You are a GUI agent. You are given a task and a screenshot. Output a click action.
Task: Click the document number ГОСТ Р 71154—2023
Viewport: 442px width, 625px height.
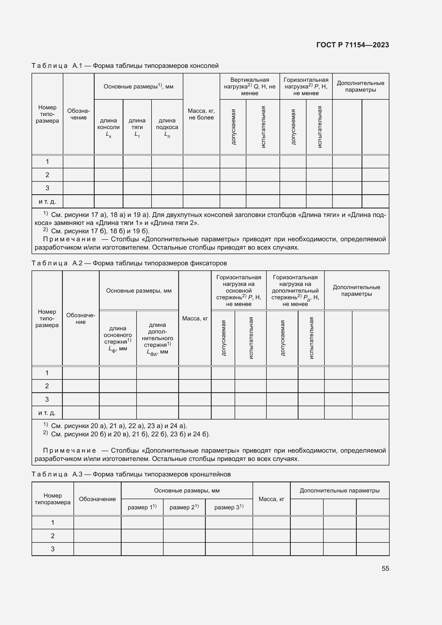click(x=352, y=45)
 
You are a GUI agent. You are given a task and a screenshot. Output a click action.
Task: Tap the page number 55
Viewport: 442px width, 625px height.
click(x=385, y=568)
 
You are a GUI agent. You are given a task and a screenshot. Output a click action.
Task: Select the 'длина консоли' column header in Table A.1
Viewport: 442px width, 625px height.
click(x=108, y=127)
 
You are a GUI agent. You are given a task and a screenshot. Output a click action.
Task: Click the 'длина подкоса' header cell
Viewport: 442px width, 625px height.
click(x=167, y=127)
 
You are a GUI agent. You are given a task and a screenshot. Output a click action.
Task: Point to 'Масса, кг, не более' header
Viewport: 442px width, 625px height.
click(x=201, y=114)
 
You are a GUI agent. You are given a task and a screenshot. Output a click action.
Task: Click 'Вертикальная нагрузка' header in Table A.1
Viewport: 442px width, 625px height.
click(x=250, y=86)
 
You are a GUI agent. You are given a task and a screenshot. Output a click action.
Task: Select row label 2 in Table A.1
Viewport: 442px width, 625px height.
click(x=47, y=175)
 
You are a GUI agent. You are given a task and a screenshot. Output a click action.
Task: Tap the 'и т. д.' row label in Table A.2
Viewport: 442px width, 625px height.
click(x=47, y=413)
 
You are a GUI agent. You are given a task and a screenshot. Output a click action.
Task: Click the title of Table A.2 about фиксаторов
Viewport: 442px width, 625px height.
click(x=129, y=263)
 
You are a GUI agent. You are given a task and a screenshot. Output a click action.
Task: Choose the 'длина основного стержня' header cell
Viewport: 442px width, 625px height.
click(x=118, y=338)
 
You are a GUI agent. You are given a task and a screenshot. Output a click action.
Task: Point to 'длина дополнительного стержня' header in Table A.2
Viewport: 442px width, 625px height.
click(x=157, y=338)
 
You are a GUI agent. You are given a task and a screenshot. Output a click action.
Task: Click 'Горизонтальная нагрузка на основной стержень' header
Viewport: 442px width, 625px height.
click(x=238, y=290)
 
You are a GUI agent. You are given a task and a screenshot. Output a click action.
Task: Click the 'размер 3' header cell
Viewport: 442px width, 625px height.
click(x=229, y=507)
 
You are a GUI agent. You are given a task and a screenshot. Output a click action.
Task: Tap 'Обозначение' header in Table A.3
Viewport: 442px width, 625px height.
click(x=97, y=499)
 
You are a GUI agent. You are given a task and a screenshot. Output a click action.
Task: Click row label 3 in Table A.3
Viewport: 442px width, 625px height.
click(x=53, y=549)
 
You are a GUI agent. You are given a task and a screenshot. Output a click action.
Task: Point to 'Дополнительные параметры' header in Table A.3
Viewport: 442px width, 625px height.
click(x=339, y=491)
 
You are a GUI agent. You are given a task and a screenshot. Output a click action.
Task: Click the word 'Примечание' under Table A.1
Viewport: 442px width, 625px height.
click(x=69, y=239)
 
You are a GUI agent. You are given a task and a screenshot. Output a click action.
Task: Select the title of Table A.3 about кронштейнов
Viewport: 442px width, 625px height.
click(x=131, y=474)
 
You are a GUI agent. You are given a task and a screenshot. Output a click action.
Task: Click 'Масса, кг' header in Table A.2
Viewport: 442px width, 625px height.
click(x=195, y=318)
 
